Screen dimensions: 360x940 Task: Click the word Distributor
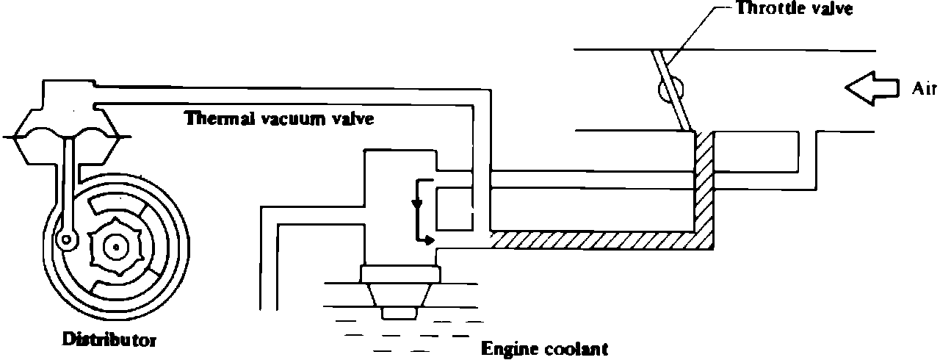(109, 340)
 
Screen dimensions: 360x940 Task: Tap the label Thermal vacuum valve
(279, 118)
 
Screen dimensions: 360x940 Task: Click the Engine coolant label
(544, 348)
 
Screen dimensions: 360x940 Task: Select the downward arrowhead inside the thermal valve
(417, 204)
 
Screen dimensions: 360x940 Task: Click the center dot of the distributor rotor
(116, 248)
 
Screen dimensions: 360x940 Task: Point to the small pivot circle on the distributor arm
(68, 238)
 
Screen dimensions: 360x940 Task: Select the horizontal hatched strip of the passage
(595, 240)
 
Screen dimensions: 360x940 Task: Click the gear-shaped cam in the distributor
(116, 248)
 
